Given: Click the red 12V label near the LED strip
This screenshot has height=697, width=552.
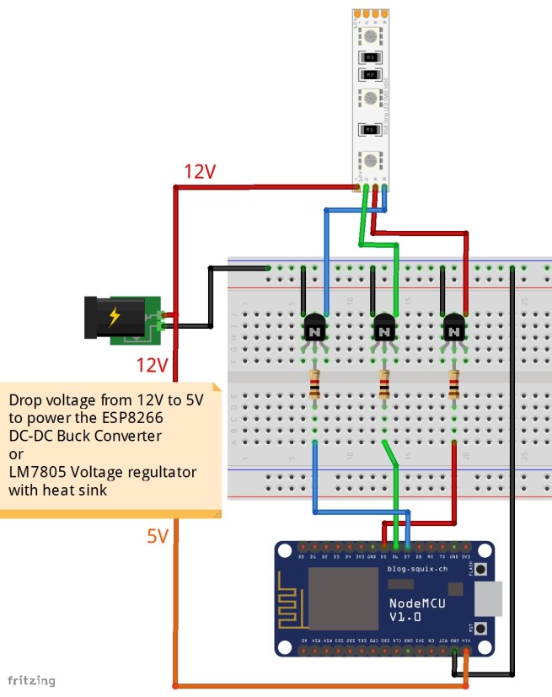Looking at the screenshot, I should pos(201,172).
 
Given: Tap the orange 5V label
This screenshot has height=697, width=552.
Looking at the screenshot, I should pos(158,536).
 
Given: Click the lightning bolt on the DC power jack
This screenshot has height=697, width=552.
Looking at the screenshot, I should pos(114,318).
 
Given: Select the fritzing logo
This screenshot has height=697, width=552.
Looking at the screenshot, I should pos(31,679).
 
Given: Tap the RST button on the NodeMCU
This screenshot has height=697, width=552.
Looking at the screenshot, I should pos(481,629).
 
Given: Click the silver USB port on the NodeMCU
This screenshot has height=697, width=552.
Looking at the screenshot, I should pos(489,599).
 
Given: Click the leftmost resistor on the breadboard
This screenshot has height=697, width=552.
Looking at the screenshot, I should pos(315,386).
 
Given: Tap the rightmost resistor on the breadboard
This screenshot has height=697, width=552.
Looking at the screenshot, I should pos(453,386).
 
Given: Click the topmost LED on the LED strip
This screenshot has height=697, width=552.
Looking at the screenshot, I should pos(370,36).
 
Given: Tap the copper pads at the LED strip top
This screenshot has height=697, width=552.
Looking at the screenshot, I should pos(370,13).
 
